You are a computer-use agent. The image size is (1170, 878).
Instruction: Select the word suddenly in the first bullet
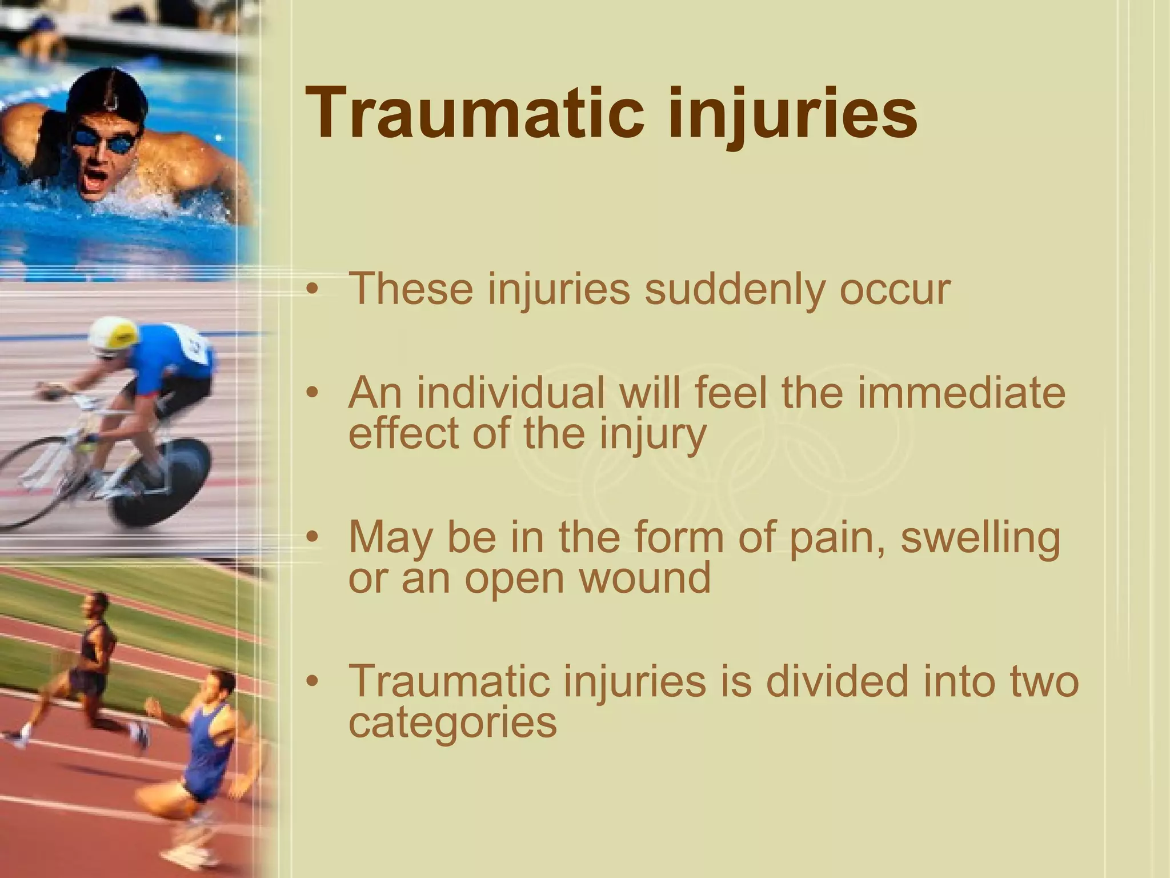[x=734, y=289]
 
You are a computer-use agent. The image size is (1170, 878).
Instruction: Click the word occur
[x=894, y=289]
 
